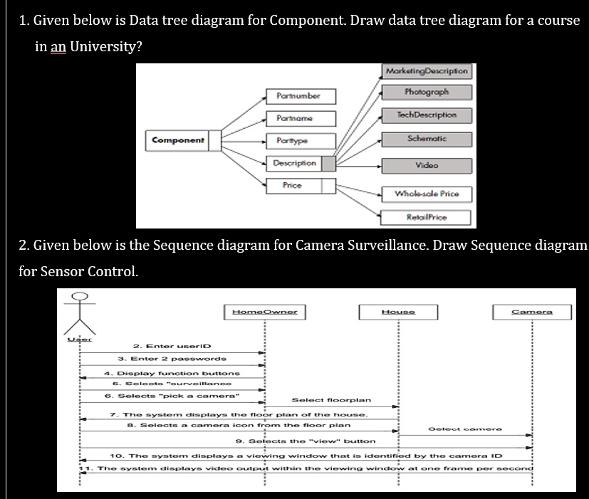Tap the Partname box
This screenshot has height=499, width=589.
coord(299,117)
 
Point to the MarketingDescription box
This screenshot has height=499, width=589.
coord(426,71)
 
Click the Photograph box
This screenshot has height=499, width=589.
coord(426,93)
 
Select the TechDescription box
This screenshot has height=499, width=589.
coord(426,115)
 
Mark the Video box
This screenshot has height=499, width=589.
coord(426,165)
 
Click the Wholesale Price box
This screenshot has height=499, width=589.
coord(426,194)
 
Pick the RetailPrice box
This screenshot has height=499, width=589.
coord(426,216)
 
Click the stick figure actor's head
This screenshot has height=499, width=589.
coord(80,295)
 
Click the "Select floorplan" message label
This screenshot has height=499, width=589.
coord(330,400)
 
